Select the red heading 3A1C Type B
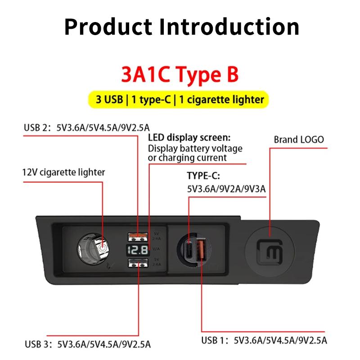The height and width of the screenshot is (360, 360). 180,75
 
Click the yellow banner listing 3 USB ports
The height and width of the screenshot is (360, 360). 180,99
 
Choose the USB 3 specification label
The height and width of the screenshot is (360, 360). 87,344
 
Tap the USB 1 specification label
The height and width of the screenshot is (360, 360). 264,339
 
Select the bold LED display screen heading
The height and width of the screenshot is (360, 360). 189,137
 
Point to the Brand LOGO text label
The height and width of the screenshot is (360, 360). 299,139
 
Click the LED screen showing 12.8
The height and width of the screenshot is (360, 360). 137,250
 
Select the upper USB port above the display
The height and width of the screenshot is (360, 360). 137,234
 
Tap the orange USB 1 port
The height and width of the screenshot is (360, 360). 201,249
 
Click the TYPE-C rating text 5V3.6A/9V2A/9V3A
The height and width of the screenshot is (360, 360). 226,189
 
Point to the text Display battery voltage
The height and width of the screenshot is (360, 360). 195,148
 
